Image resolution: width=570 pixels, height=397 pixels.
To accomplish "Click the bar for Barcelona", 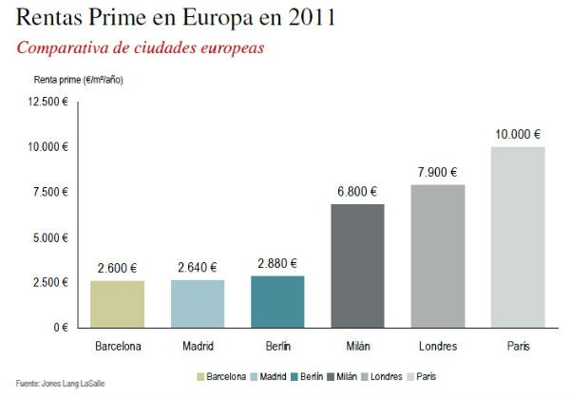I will click(x=118, y=303).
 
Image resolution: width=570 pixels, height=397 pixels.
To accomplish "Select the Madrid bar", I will click(x=198, y=303).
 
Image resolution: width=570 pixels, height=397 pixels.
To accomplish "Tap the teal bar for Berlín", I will click(x=277, y=301).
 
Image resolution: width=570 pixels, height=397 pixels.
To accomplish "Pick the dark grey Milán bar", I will click(x=357, y=265).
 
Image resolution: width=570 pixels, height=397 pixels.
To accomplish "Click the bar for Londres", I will click(x=438, y=255).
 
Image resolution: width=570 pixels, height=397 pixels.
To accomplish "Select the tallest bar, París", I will click(x=518, y=236).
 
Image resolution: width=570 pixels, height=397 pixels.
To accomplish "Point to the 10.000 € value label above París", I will click(x=518, y=134).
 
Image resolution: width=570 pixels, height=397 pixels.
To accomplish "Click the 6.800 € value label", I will click(x=357, y=192).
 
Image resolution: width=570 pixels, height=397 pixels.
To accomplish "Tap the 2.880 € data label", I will click(x=277, y=263).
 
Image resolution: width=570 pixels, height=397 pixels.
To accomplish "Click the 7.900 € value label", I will click(x=438, y=172).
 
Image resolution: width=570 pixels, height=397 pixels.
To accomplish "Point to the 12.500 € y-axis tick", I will click(x=48, y=102).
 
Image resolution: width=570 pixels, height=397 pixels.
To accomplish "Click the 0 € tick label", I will click(x=60, y=328).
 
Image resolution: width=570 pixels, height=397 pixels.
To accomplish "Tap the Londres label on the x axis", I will click(x=438, y=346).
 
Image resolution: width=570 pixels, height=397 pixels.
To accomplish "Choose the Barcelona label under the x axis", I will click(x=118, y=346).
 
